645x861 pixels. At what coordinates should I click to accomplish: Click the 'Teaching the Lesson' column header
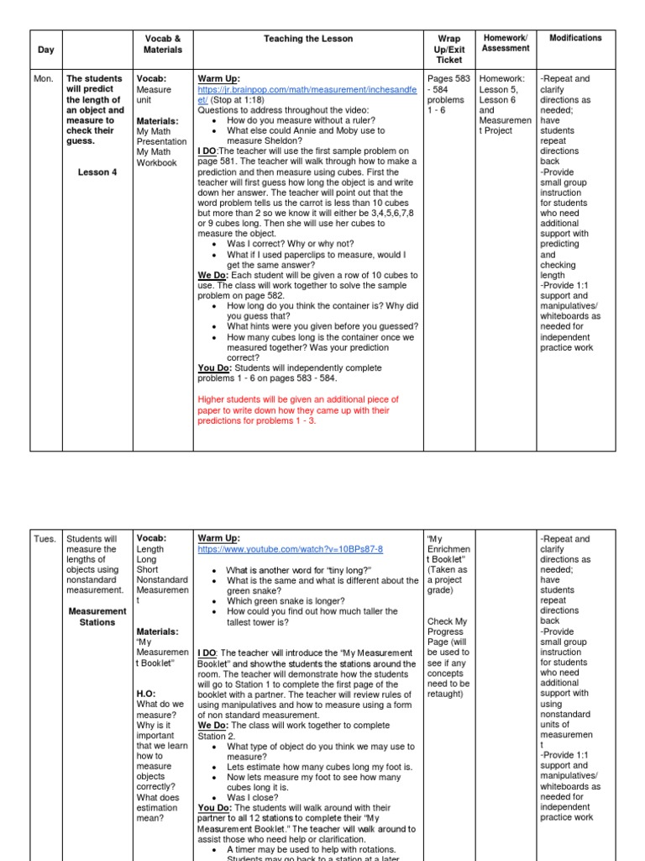(x=308, y=39)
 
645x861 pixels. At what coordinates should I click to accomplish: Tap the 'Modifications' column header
(x=575, y=38)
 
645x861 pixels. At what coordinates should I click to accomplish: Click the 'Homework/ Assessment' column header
(x=506, y=43)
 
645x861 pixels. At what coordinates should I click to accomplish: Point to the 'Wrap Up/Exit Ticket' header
(x=449, y=50)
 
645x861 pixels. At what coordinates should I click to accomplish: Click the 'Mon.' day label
(x=44, y=79)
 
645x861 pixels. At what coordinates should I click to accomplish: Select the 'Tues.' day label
(x=46, y=539)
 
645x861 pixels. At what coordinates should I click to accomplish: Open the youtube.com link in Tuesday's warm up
(x=290, y=549)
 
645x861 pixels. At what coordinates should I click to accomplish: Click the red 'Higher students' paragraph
(x=298, y=410)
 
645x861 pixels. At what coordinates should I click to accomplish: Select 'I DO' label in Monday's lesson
(x=207, y=151)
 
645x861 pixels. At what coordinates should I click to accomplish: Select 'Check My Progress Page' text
(x=448, y=631)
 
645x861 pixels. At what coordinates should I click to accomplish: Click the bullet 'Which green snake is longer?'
(x=293, y=601)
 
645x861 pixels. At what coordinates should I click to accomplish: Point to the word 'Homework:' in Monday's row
(x=501, y=79)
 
